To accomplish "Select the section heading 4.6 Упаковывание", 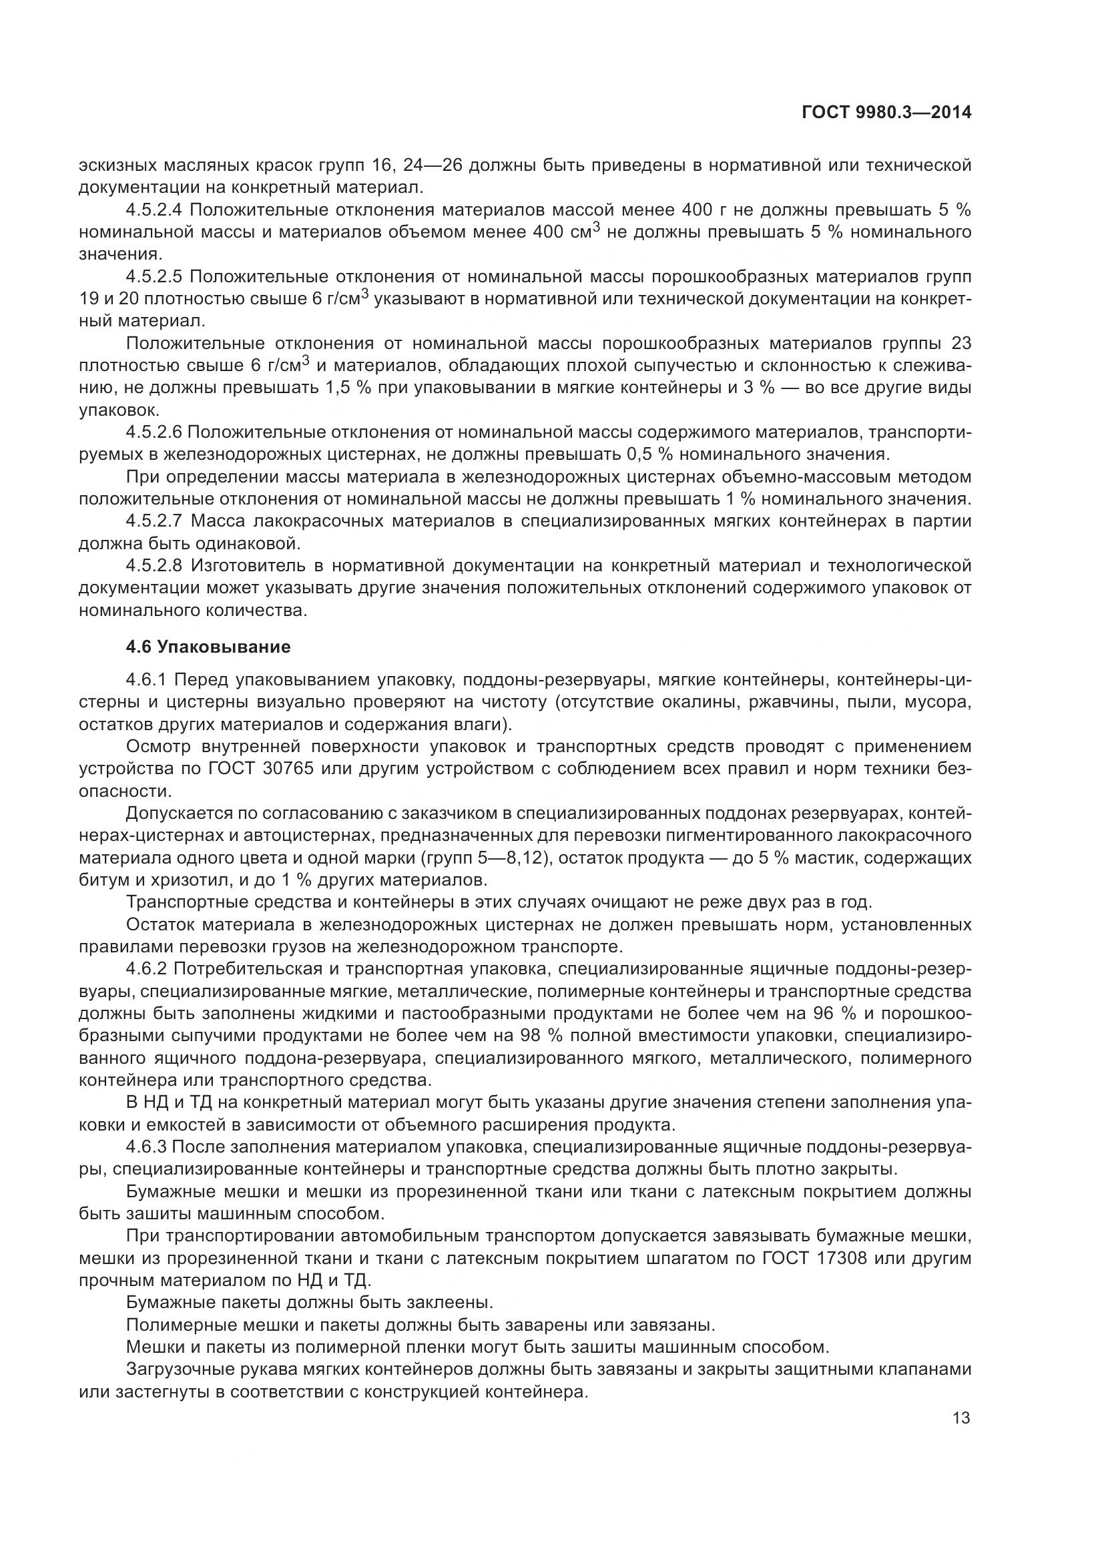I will [208, 647].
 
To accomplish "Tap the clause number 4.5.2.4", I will [154, 210].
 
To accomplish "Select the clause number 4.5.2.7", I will [154, 521].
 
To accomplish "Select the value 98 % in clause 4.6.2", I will [541, 1036].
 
